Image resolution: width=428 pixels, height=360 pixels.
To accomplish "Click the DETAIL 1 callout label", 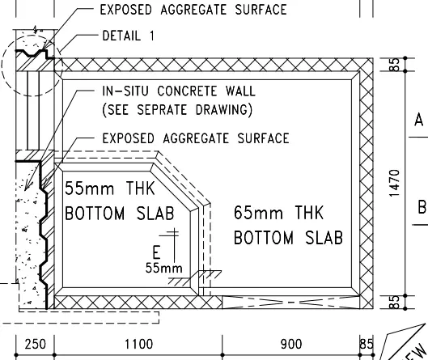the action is (x=128, y=36).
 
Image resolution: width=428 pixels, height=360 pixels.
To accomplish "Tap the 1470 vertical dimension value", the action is (x=395, y=183).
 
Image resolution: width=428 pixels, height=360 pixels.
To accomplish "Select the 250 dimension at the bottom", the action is (x=36, y=344).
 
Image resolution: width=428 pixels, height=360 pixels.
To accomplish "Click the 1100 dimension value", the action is (x=138, y=344).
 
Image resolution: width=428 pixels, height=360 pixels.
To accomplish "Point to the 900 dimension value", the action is (x=291, y=344).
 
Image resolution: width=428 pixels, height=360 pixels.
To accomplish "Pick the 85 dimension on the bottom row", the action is (x=367, y=344).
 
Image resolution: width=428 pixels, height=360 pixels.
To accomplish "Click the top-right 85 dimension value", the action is (x=395, y=65).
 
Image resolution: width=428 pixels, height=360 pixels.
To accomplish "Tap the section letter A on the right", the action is (x=419, y=120).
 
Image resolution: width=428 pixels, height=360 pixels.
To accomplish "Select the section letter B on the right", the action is (x=422, y=206).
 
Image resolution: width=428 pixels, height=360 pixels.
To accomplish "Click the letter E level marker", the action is (x=156, y=252).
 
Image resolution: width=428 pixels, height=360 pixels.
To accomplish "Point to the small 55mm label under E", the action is (x=163, y=268).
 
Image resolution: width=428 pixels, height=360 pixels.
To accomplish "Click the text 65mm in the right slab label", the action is (x=258, y=213).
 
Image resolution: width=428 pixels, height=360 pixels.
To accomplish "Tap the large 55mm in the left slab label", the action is (x=90, y=188).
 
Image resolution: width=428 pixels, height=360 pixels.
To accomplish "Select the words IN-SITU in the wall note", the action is (x=125, y=91).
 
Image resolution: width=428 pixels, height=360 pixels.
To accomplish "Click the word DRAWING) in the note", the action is (x=224, y=110).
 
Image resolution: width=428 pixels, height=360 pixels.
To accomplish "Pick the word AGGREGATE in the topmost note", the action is (x=193, y=10).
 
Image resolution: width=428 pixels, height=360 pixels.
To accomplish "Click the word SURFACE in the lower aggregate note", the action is (x=264, y=138).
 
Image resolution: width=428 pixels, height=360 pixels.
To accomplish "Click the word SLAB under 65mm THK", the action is (x=324, y=238).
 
